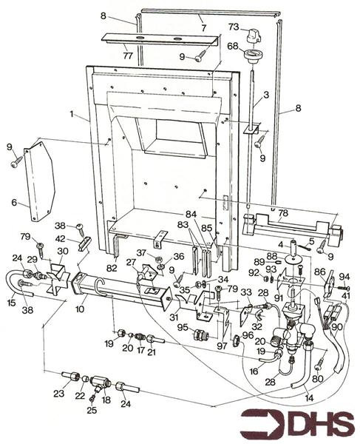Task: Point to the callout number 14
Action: click(309, 399)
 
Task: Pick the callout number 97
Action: click(222, 346)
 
